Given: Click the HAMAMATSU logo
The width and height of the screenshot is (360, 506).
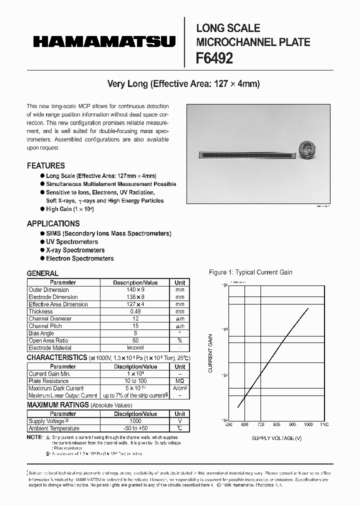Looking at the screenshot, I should [104, 41].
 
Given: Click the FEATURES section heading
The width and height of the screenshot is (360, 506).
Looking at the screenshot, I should [45, 165].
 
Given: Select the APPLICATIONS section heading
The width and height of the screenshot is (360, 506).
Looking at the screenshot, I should [53, 223].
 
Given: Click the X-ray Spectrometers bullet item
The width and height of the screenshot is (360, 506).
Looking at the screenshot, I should [75, 250].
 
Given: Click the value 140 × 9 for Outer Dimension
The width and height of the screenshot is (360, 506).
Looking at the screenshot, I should [135, 290].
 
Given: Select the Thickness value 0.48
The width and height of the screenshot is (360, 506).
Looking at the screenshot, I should [135, 311].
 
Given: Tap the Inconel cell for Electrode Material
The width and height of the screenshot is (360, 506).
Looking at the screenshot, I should [135, 347].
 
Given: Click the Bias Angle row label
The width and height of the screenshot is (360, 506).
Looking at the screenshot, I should [41, 333].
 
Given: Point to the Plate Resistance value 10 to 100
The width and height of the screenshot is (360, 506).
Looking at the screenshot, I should [135, 381].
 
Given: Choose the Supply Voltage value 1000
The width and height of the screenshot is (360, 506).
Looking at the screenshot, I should [135, 421].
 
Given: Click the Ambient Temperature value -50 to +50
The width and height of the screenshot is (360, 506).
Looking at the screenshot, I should [135, 428].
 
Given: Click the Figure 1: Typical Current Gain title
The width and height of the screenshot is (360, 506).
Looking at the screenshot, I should [250, 272].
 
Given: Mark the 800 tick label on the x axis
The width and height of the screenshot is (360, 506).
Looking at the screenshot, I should [276, 424].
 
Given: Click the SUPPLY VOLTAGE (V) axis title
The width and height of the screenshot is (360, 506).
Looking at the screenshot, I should [276, 438].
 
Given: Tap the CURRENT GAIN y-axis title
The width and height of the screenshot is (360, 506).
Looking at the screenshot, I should [210, 353].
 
